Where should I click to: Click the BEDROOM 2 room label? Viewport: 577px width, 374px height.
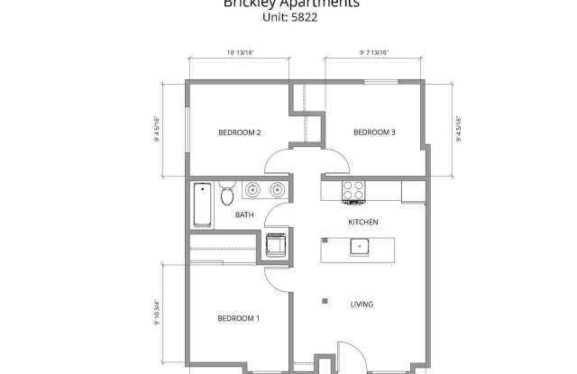point(239,132)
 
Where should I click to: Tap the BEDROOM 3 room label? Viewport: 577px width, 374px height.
point(374,132)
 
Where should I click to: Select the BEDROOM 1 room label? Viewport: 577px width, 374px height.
point(238,318)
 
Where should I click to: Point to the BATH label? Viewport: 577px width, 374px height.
point(244,214)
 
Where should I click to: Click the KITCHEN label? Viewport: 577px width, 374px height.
point(363,222)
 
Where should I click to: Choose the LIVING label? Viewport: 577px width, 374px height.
point(362,304)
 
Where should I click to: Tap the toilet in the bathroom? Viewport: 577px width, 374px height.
point(227,194)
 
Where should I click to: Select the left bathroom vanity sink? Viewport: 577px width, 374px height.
point(254,190)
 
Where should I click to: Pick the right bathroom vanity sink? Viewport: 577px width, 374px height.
point(278,190)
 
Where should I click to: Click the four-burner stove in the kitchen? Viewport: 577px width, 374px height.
point(353,192)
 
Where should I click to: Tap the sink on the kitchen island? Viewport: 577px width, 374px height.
point(359,245)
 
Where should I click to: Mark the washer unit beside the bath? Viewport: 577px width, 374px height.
point(273,243)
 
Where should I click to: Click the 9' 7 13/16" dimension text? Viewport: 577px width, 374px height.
point(374,52)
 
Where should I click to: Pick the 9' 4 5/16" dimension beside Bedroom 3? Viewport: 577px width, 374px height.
point(458,132)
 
